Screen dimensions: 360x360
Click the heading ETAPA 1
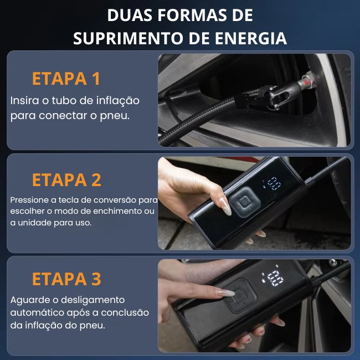pos(66,79)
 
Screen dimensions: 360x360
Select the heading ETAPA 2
pos(66,180)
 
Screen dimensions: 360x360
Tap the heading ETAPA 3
pos(66,279)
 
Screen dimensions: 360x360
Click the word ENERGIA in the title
pos(251,38)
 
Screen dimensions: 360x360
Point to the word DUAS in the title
pos(130,16)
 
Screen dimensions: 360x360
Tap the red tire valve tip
pos(307,80)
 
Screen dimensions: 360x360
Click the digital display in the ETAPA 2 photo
pos(272,183)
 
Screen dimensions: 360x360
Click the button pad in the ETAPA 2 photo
pos(245,202)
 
